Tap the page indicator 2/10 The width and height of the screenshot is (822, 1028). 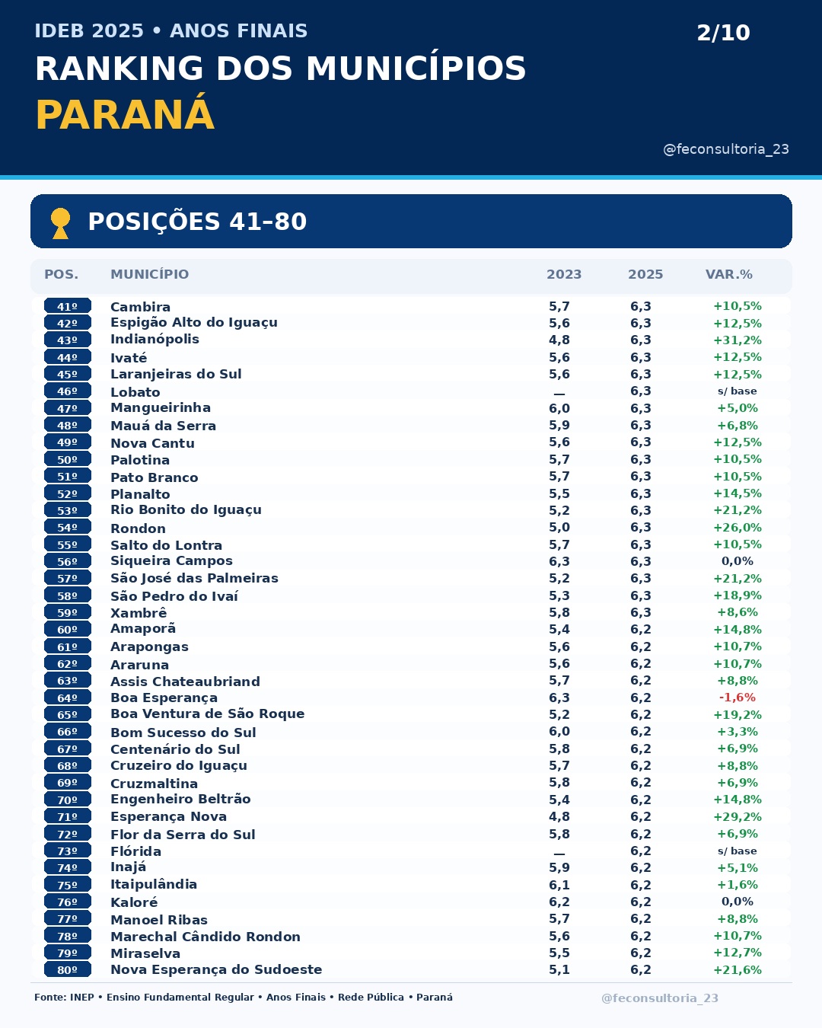723,33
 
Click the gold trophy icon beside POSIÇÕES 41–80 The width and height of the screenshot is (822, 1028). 60,223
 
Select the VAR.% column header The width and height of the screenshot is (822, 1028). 729,274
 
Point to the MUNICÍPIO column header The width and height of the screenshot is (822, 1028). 149,274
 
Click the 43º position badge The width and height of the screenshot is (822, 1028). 67,340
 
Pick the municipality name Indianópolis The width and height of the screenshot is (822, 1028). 155,339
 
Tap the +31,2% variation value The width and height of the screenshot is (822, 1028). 738,340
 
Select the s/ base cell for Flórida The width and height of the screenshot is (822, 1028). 737,851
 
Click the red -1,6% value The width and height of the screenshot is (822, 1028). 738,698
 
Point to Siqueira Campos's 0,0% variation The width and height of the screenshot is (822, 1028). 738,561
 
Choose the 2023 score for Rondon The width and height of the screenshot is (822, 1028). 559,528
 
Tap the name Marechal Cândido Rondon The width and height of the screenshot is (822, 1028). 205,937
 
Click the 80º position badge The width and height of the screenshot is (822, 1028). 67,969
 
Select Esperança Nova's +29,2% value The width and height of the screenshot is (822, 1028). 738,817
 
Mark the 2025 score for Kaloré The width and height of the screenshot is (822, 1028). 641,902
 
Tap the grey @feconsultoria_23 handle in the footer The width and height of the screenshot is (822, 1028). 660,998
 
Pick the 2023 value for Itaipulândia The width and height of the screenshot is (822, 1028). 559,885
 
